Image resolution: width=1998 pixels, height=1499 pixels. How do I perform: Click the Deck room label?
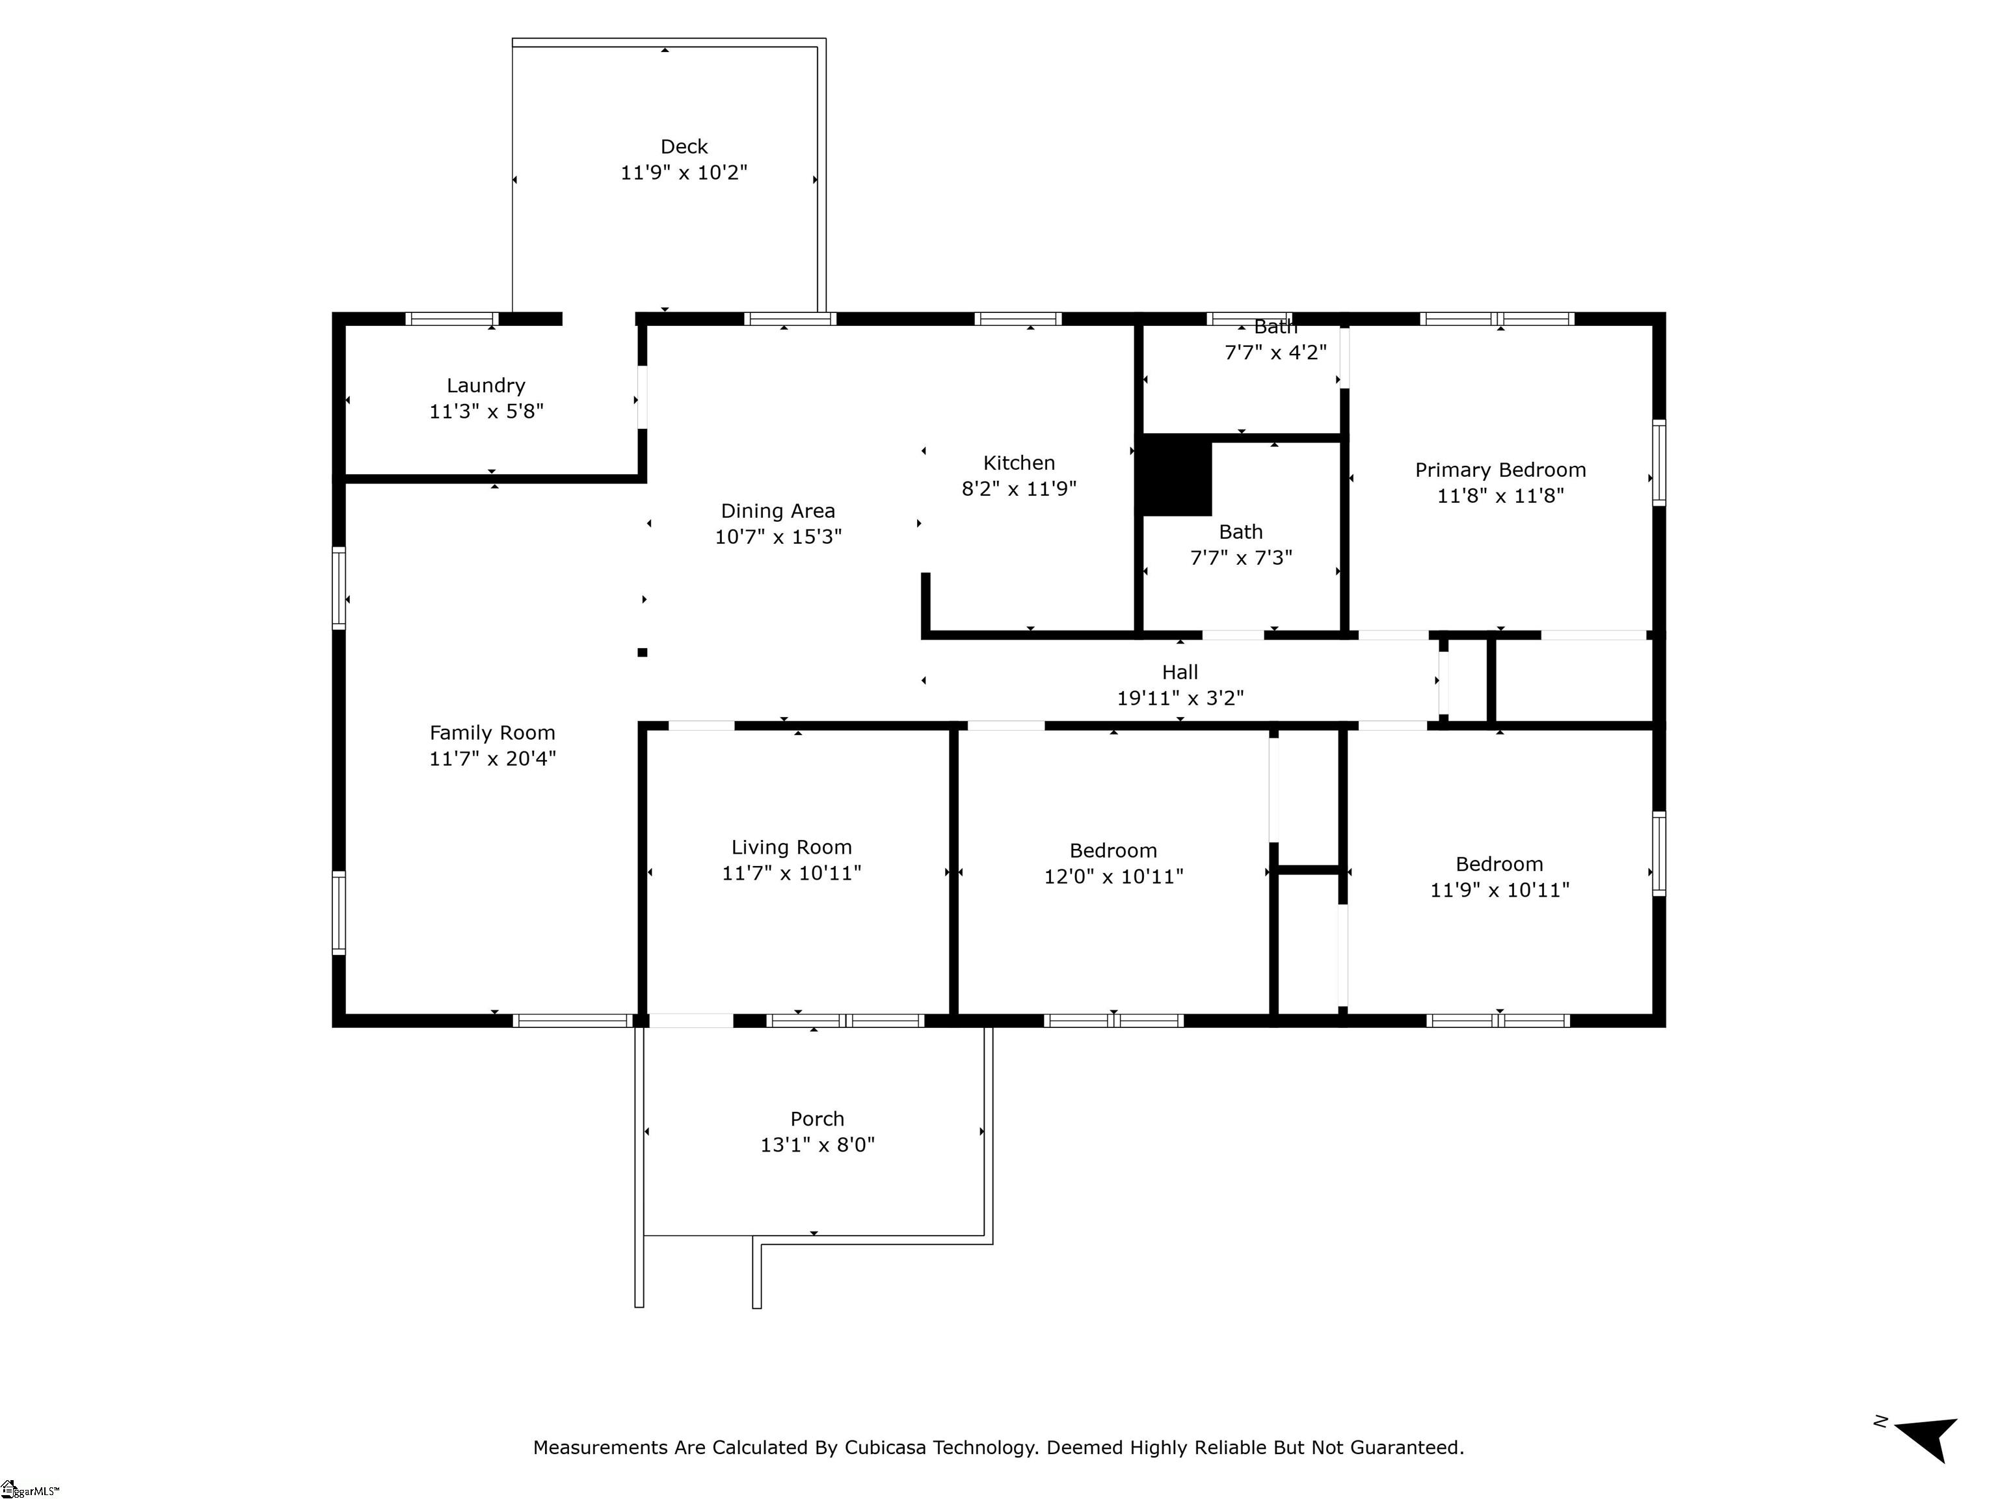(684, 146)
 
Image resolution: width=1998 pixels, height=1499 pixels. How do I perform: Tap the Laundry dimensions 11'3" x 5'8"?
(486, 411)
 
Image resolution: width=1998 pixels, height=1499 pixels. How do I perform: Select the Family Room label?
(492, 733)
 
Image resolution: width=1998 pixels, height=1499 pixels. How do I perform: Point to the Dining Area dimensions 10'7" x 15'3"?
(778, 537)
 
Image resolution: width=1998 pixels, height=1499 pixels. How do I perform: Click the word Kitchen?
(1019, 463)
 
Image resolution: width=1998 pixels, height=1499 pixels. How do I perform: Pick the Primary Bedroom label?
(1499, 470)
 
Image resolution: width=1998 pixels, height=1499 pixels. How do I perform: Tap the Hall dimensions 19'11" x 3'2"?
(1180, 697)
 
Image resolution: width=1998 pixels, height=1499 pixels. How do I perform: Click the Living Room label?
(792, 848)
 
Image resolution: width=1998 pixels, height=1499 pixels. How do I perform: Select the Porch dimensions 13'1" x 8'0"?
(818, 1145)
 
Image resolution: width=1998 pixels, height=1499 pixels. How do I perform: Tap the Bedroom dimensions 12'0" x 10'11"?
(1113, 876)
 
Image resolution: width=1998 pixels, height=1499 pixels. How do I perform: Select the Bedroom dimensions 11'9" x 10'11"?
(1499, 890)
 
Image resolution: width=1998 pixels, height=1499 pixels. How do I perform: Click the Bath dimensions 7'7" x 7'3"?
(1240, 558)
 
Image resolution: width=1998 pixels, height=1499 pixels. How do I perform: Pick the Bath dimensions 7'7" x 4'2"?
(1275, 353)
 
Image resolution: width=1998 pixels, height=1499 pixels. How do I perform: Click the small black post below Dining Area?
(642, 653)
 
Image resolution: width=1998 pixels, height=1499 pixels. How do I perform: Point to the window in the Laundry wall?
(451, 319)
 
